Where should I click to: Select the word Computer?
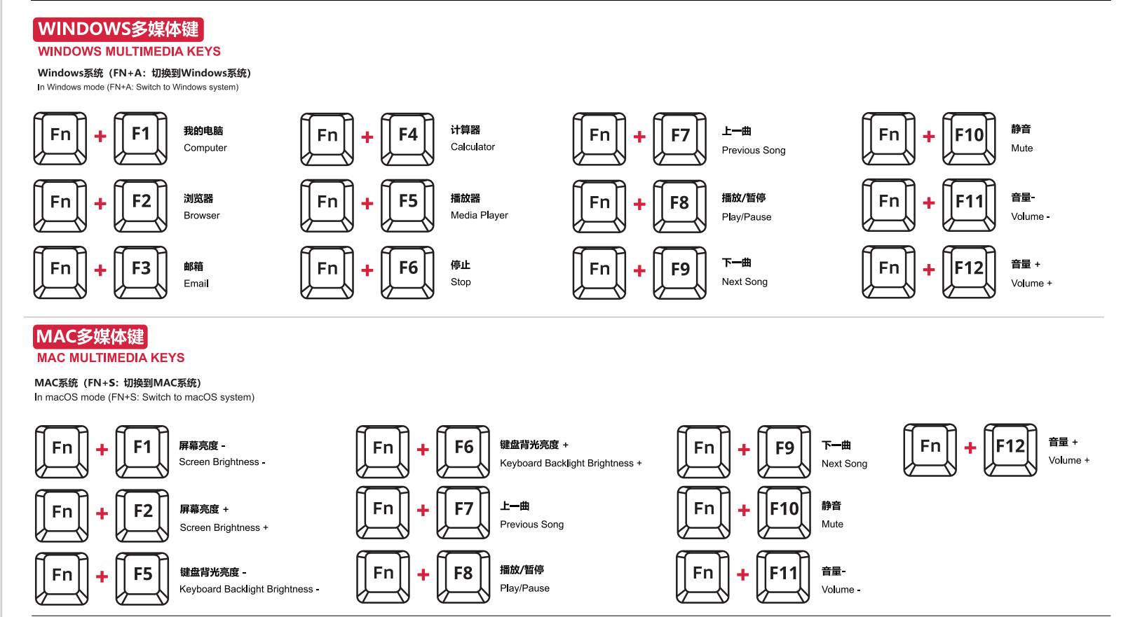point(205,148)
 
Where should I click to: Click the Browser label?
point(201,216)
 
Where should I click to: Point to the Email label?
point(196,284)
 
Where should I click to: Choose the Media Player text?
point(479,215)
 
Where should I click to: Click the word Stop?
point(461,282)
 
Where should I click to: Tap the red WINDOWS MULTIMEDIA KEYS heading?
point(129,52)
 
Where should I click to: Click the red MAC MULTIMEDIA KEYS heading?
point(111,358)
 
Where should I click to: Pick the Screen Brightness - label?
point(222,462)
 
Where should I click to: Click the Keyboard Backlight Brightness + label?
point(571,464)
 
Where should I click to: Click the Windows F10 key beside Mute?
point(969,138)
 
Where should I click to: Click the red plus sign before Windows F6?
point(367,270)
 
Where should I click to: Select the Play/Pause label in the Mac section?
point(524,588)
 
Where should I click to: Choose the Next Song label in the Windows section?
point(745,282)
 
